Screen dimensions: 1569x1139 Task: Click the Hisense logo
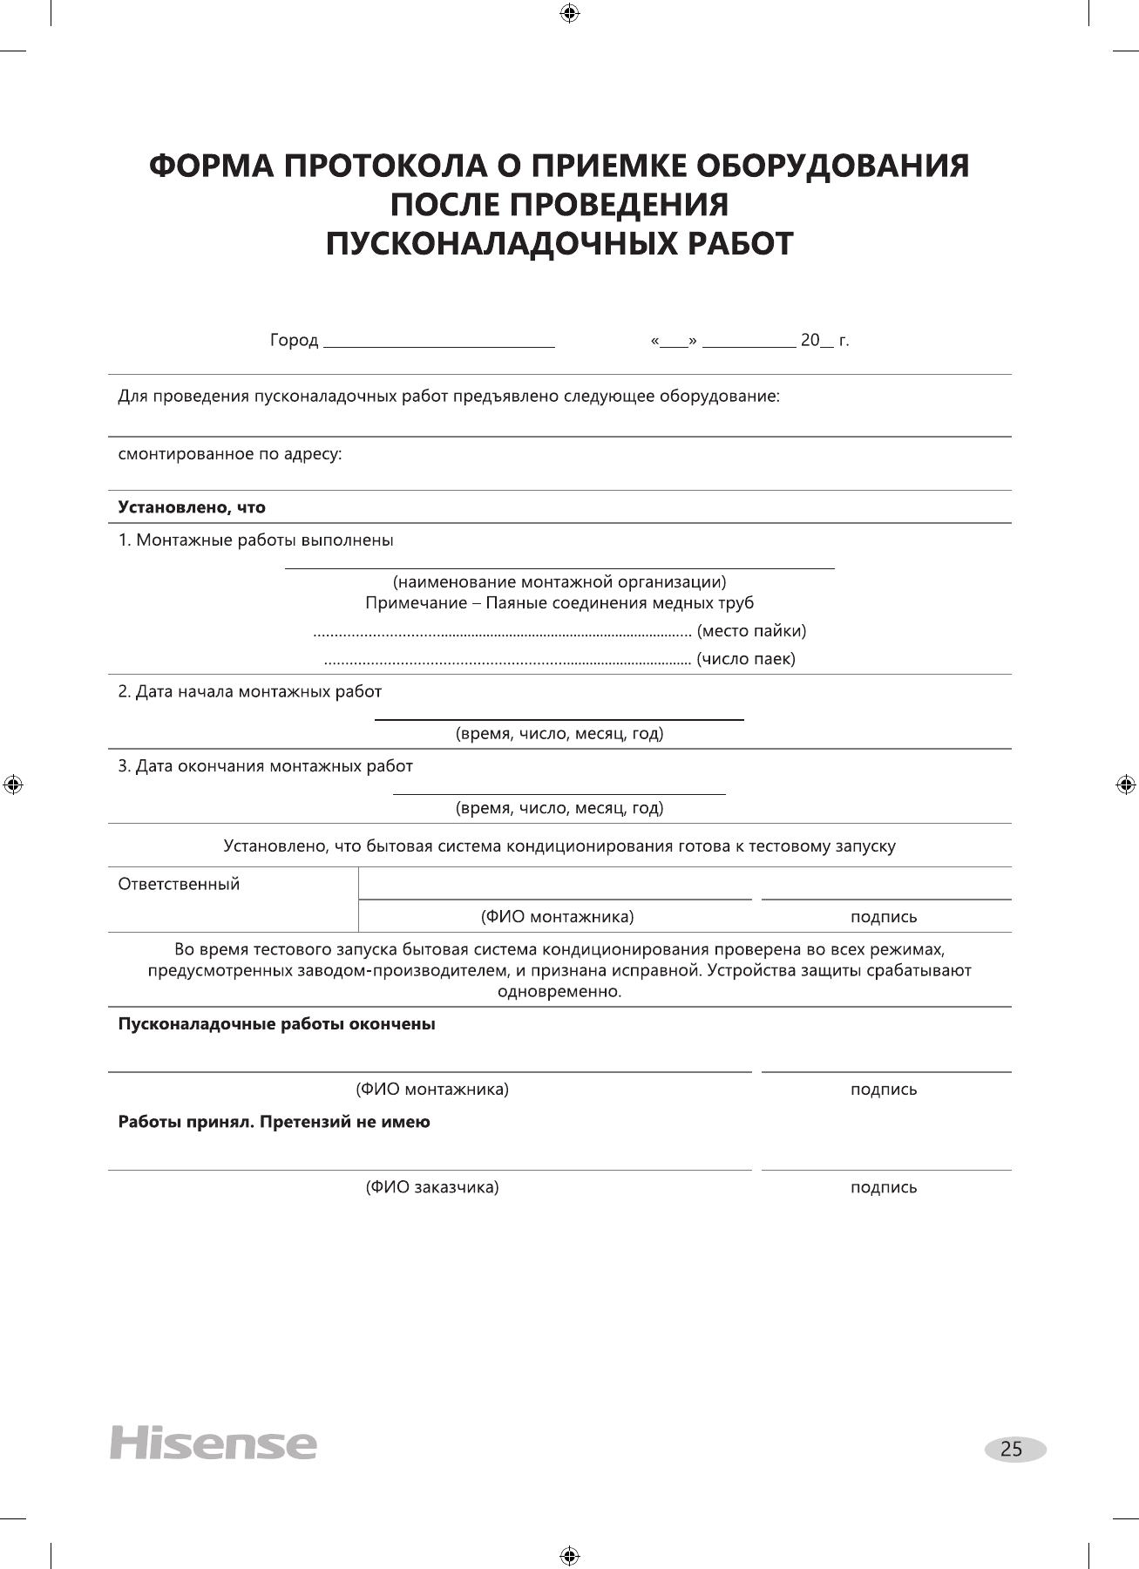pyautogui.click(x=213, y=1443)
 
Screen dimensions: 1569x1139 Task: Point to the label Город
pyautogui.click(x=294, y=340)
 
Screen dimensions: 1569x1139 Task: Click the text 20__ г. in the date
pyautogui.click(x=824, y=340)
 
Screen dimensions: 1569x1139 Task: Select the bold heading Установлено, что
pyautogui.click(x=192, y=507)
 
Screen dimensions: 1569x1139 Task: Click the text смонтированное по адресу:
pyautogui.click(x=230, y=454)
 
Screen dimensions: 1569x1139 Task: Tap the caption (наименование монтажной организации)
pyautogui.click(x=559, y=581)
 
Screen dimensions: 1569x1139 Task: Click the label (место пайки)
pyautogui.click(x=751, y=630)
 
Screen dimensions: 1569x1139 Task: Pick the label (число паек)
pyautogui.click(x=746, y=659)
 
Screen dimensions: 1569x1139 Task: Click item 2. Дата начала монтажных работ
pyautogui.click(x=250, y=692)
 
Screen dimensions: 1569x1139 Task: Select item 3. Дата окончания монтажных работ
pyautogui.click(x=266, y=766)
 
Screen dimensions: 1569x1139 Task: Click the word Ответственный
pyautogui.click(x=179, y=884)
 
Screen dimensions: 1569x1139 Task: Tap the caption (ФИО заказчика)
pyautogui.click(x=431, y=1187)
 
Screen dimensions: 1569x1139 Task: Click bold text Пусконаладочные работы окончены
pyautogui.click(x=276, y=1024)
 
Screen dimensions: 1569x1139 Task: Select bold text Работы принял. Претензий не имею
pyautogui.click(x=274, y=1122)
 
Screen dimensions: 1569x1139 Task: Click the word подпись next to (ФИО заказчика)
pyautogui.click(x=884, y=1187)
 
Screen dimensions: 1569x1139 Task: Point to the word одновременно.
pyautogui.click(x=559, y=992)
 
